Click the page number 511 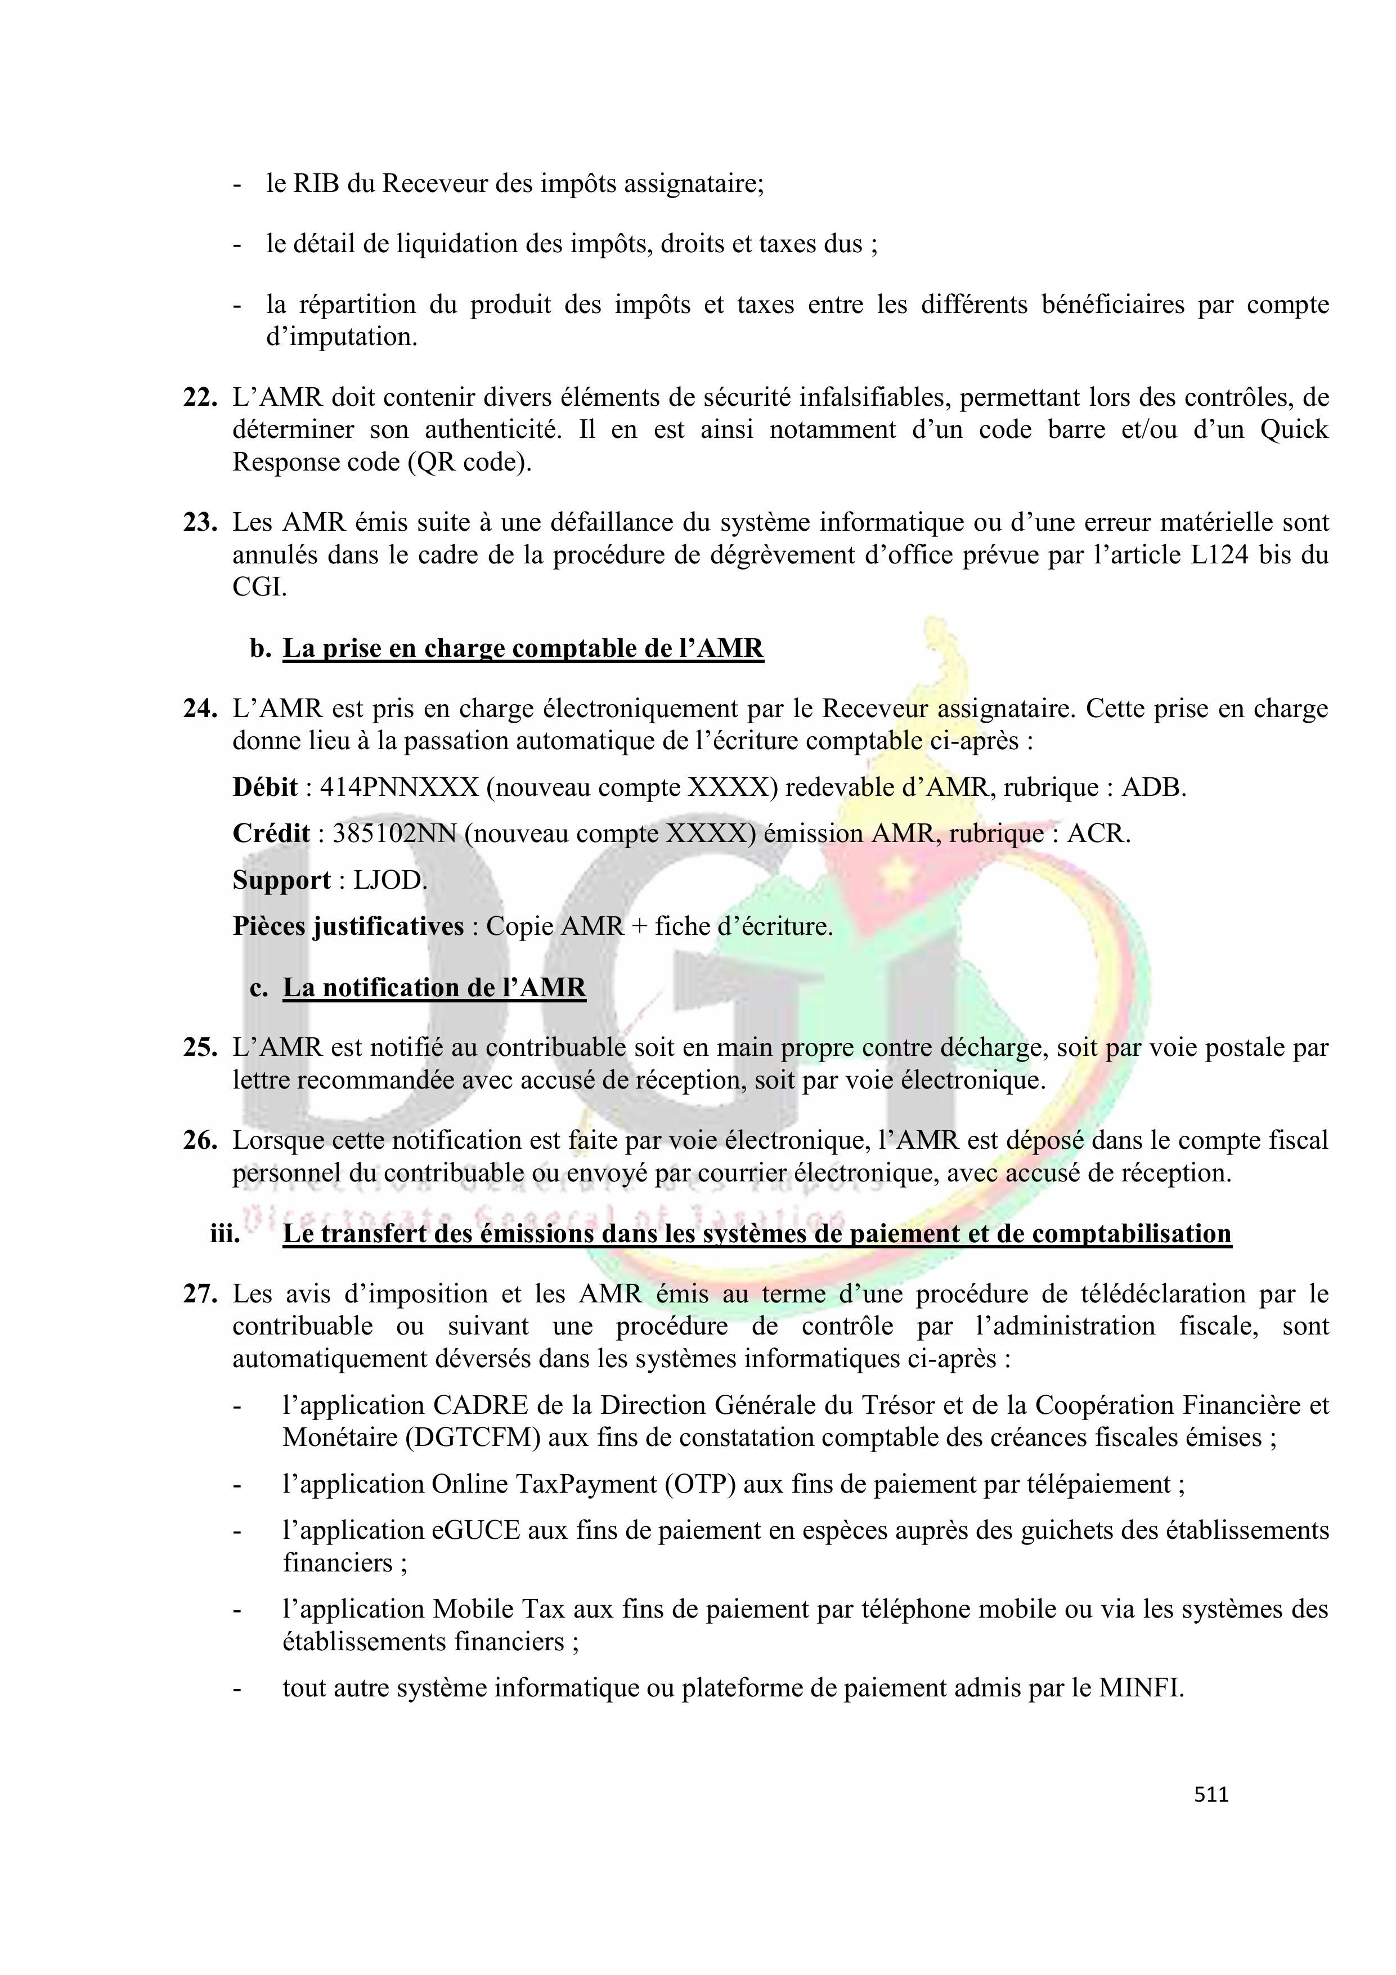[1211, 1794]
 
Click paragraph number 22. [200, 397]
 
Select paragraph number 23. [200, 522]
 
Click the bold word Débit [264, 787]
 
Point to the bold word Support [281, 880]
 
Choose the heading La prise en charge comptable [522, 648]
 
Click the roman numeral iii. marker [226, 1234]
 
